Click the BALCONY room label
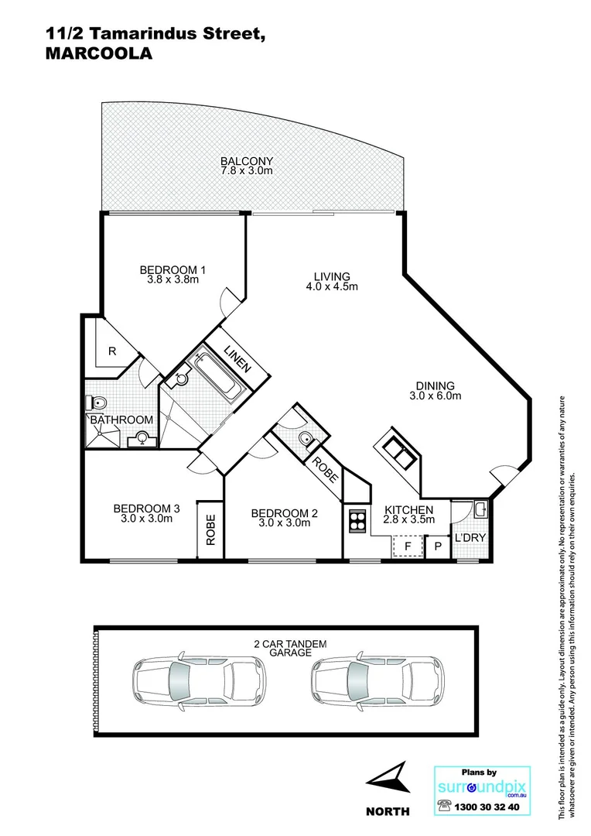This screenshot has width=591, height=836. pos(247,160)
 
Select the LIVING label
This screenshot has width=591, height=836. pos(332,276)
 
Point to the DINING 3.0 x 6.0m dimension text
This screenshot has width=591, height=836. pos(435,396)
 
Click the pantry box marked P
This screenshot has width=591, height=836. pos(437,546)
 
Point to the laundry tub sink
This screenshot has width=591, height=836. pos(480,509)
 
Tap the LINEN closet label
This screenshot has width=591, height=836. pos(237,360)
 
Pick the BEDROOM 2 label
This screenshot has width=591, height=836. pos(284,512)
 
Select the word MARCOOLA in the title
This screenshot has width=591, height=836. pos(97,53)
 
